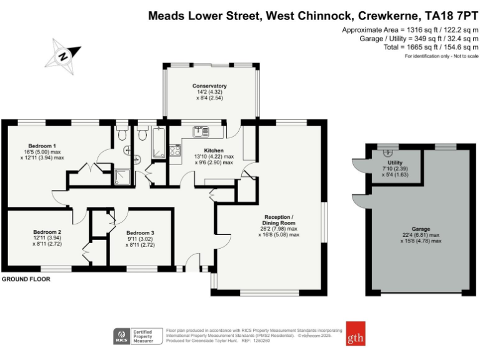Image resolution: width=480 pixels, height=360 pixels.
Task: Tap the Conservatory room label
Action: [x=209, y=86]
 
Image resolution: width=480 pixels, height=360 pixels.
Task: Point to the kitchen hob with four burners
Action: [x=174, y=150]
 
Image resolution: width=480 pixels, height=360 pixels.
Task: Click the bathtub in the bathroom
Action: [x=157, y=142]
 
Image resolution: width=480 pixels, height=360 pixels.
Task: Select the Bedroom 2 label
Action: [x=47, y=232]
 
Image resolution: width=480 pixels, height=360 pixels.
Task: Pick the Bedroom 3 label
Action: [x=140, y=232]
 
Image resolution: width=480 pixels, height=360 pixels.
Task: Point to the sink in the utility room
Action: [x=387, y=152]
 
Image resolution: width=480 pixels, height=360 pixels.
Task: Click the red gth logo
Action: [x=355, y=333]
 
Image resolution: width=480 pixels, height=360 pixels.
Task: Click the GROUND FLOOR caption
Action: [x=26, y=279]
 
